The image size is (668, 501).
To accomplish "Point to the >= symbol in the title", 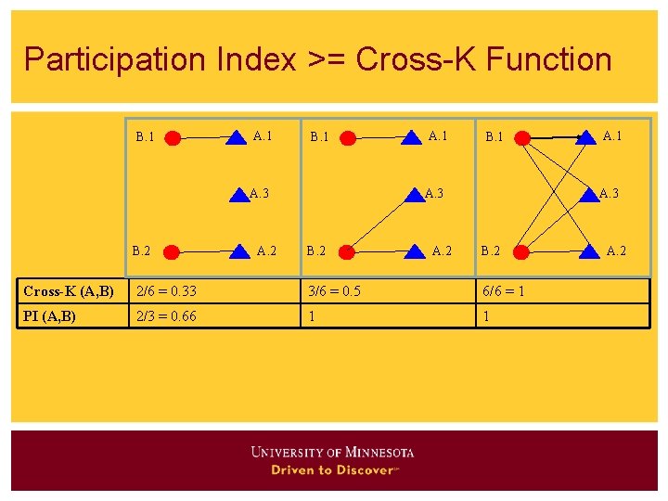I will pos(325,59).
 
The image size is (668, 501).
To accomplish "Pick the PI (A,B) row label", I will pos(51,315).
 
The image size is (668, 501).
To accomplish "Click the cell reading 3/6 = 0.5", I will pos(335,291).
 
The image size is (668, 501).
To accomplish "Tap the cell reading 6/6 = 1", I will pos(502,291).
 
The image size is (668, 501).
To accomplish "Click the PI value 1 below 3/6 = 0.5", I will pos(313,315).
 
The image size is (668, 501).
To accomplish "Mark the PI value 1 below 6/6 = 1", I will pos(483,315).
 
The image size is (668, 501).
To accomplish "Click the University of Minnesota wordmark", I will pos(332,453).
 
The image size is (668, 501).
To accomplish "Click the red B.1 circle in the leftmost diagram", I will pos(173,138).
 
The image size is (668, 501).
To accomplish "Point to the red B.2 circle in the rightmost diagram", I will pos(521,250).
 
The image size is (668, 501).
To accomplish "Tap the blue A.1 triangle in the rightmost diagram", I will pos(586,138).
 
